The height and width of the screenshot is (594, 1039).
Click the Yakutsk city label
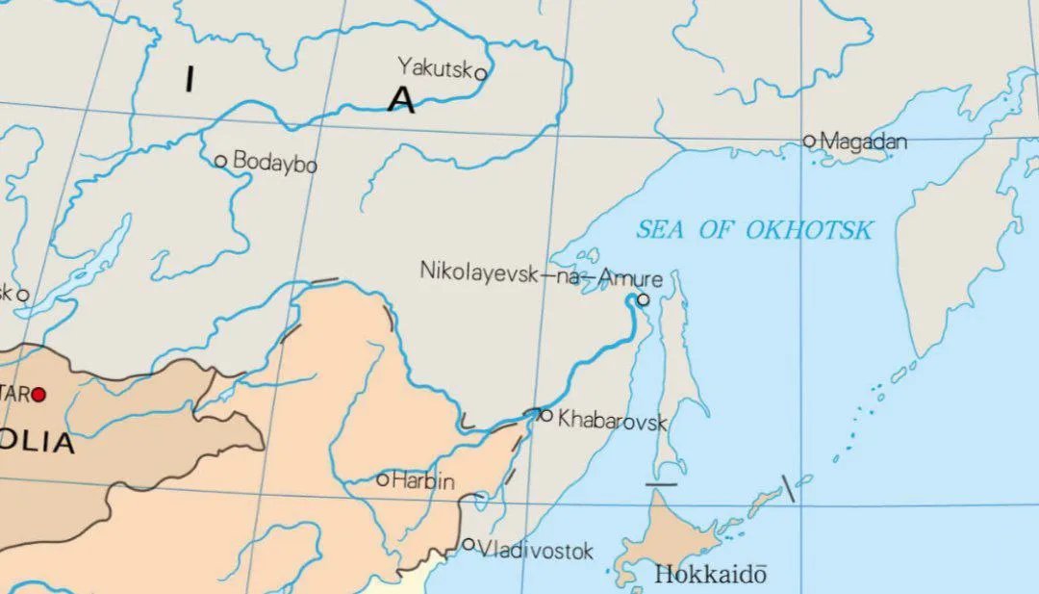435,66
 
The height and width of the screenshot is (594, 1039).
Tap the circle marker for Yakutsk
480,73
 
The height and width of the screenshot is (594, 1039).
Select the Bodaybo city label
275,163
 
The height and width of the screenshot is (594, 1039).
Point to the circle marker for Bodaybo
220,161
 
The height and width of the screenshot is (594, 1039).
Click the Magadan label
864,142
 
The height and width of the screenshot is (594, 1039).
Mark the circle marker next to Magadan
809,141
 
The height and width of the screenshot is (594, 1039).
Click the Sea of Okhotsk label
754,229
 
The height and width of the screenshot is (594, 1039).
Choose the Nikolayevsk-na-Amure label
541,273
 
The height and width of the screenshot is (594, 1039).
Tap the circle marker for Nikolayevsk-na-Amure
643,299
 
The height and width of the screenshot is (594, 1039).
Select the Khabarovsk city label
612,420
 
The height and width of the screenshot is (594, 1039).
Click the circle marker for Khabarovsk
546,416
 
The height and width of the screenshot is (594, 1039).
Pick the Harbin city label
423,481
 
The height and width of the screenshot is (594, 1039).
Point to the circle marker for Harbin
382,478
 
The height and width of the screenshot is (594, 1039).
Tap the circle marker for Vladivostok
469,544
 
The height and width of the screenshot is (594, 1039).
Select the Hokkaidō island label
711,575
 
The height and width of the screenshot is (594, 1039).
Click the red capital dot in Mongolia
38,394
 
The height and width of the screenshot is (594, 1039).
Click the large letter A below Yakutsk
401,100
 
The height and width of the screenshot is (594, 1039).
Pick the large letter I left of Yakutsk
190,80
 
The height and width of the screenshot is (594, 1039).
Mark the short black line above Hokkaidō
661,484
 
